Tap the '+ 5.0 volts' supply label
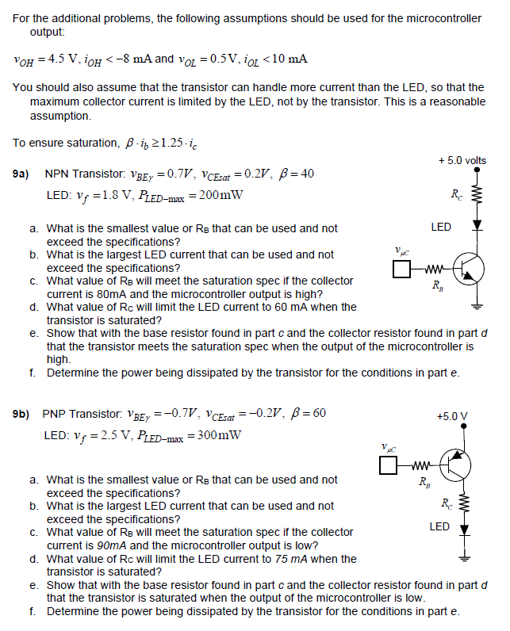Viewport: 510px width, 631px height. (x=462, y=161)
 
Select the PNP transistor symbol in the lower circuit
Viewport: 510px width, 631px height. (x=457, y=465)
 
